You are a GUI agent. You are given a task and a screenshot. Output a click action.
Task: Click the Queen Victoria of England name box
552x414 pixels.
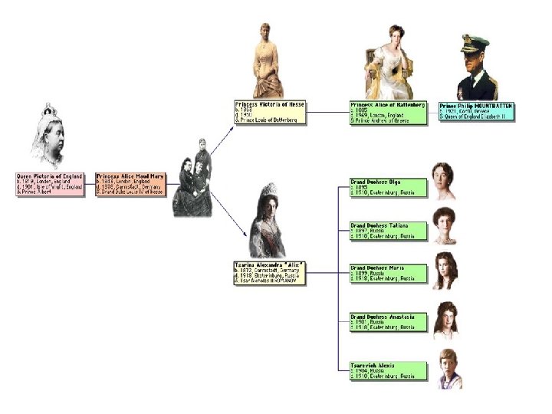pyautogui.click(x=50, y=184)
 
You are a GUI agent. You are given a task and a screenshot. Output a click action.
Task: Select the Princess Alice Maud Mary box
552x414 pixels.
pyautogui.click(x=130, y=184)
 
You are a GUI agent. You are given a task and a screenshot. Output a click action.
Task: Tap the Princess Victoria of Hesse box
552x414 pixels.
pyautogui.click(x=270, y=112)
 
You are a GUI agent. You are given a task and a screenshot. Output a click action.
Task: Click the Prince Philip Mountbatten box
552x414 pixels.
pyautogui.click(x=476, y=111)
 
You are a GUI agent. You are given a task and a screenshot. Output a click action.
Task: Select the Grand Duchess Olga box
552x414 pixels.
pyautogui.click(x=388, y=187)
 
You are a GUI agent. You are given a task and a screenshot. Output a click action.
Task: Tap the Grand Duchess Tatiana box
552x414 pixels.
pyautogui.click(x=388, y=231)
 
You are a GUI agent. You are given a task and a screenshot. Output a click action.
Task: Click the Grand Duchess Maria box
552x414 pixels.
pyautogui.click(x=388, y=274)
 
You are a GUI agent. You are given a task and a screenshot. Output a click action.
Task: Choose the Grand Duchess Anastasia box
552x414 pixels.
pyautogui.click(x=388, y=321)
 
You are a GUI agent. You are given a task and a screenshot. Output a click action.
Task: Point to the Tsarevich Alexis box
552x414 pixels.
pyautogui.click(x=388, y=370)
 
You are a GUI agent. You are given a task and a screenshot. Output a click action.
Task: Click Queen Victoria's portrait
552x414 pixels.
pyautogui.click(x=48, y=138)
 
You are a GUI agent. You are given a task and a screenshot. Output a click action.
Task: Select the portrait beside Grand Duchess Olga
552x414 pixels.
pyautogui.click(x=443, y=181)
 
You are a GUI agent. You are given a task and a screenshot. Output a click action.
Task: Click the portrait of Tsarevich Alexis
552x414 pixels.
pyautogui.click(x=449, y=369)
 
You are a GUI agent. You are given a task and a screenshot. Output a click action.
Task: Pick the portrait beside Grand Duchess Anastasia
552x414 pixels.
pyautogui.click(x=446, y=320)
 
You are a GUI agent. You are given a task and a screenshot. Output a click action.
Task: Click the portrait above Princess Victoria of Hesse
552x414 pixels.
pyautogui.click(x=268, y=61)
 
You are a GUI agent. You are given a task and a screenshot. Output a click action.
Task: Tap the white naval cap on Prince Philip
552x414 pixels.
pyautogui.click(x=474, y=42)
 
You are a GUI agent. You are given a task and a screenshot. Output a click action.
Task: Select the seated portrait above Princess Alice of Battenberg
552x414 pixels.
pyautogui.click(x=389, y=63)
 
